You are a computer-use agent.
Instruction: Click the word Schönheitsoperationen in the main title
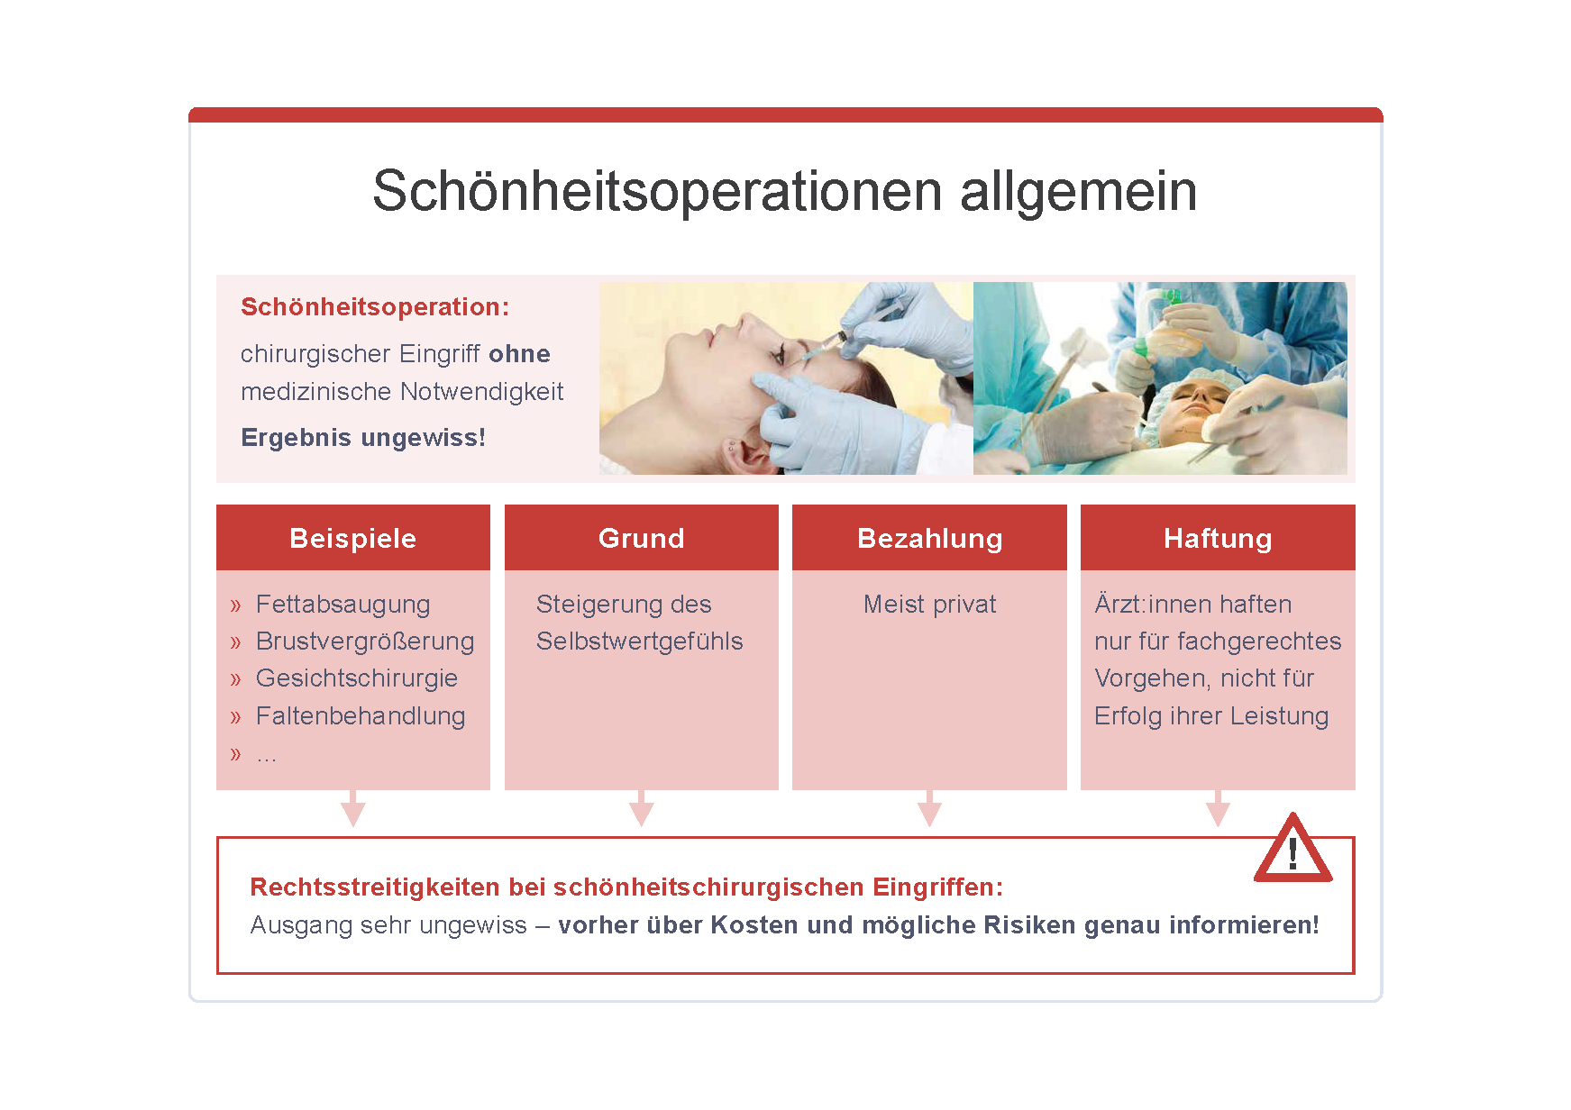tap(658, 191)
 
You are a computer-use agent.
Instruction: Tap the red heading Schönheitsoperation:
tap(375, 307)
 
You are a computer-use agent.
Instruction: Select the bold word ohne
tap(519, 353)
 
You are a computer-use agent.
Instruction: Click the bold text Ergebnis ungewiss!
tap(363, 438)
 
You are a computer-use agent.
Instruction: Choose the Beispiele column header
tap(353, 538)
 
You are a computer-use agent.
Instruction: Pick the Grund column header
tap(642, 538)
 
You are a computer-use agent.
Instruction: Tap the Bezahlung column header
tap(930, 538)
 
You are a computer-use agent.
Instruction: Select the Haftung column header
tap(1218, 538)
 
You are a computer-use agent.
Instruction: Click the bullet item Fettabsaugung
tap(343, 604)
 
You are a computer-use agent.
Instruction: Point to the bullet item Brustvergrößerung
tap(365, 641)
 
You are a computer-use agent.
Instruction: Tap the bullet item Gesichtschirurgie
tap(357, 678)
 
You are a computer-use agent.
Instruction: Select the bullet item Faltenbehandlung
tap(361, 716)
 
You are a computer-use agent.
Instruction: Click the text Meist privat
tap(930, 604)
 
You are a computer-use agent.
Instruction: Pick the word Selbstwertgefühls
tap(640, 641)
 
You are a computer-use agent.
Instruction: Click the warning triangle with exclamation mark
tap(1292, 849)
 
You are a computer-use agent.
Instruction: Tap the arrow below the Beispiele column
tap(353, 808)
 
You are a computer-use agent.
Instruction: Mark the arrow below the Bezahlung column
tap(930, 808)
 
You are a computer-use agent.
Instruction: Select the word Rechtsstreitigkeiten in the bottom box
tap(375, 887)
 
